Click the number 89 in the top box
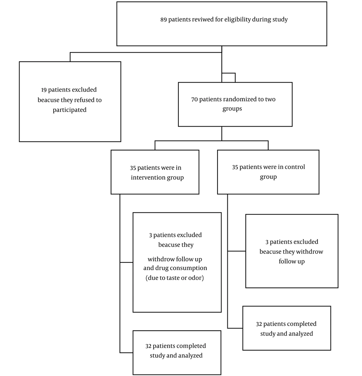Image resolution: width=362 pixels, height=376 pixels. click(x=164, y=20)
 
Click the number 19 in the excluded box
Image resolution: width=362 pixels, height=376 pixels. click(x=44, y=90)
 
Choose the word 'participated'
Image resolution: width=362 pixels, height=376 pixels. click(x=70, y=110)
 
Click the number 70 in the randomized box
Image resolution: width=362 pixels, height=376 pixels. click(x=194, y=99)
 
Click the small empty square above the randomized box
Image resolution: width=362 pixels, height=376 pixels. click(x=228, y=78)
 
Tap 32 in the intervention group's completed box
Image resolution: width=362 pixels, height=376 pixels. click(x=148, y=346)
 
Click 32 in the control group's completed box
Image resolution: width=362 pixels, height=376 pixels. click(x=259, y=324)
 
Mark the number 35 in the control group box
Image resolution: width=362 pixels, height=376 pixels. click(x=235, y=167)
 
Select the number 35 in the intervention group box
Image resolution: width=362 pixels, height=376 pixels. click(x=133, y=168)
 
